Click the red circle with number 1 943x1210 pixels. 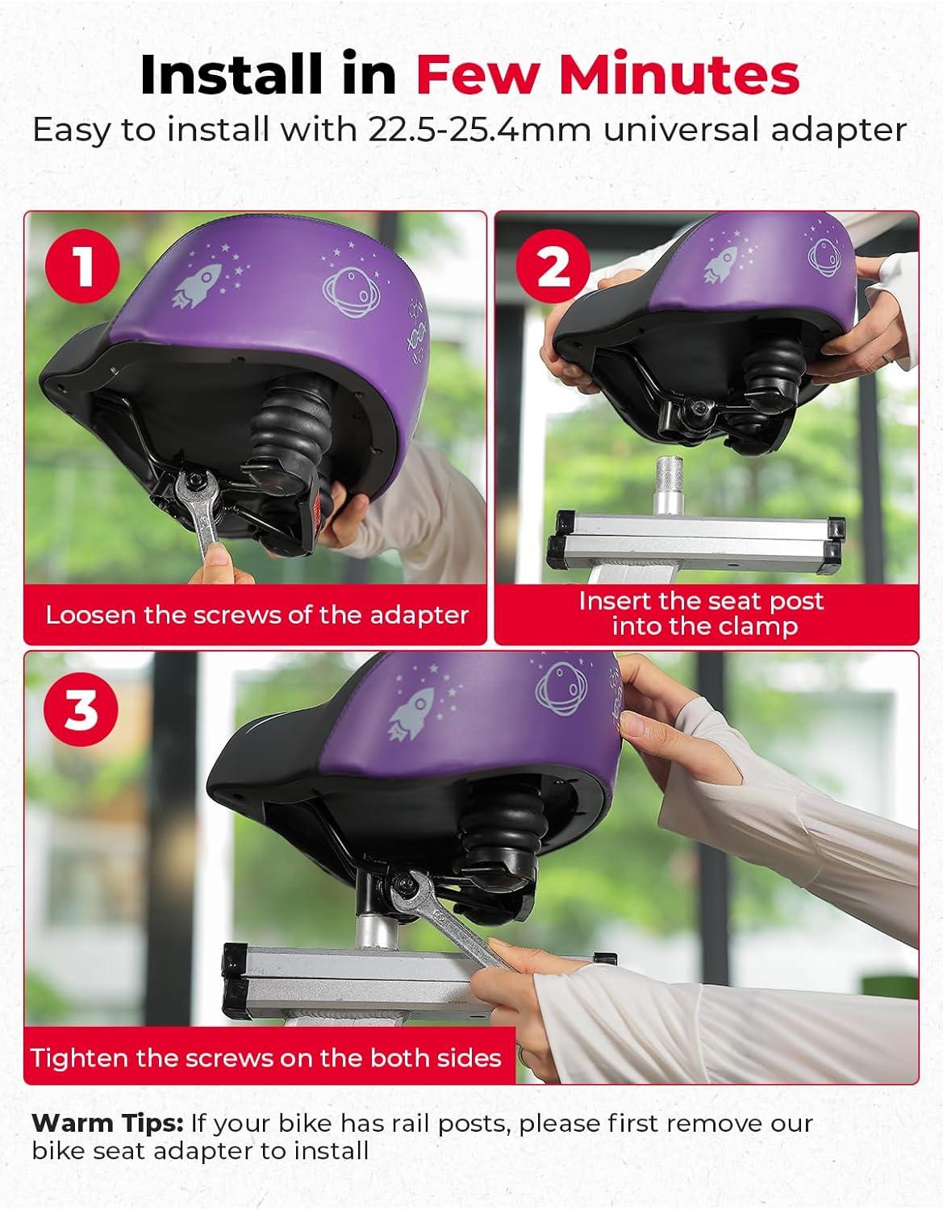(82, 265)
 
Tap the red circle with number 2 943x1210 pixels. (553, 268)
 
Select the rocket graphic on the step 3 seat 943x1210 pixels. (413, 714)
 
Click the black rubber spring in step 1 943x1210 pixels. (290, 430)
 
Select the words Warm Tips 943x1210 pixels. (106, 1124)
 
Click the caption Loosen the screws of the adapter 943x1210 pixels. (257, 615)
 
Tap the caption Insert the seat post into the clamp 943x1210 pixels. (702, 613)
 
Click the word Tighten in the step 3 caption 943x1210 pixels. (78, 1058)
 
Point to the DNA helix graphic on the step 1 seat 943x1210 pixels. (415, 337)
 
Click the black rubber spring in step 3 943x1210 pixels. (499, 833)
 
